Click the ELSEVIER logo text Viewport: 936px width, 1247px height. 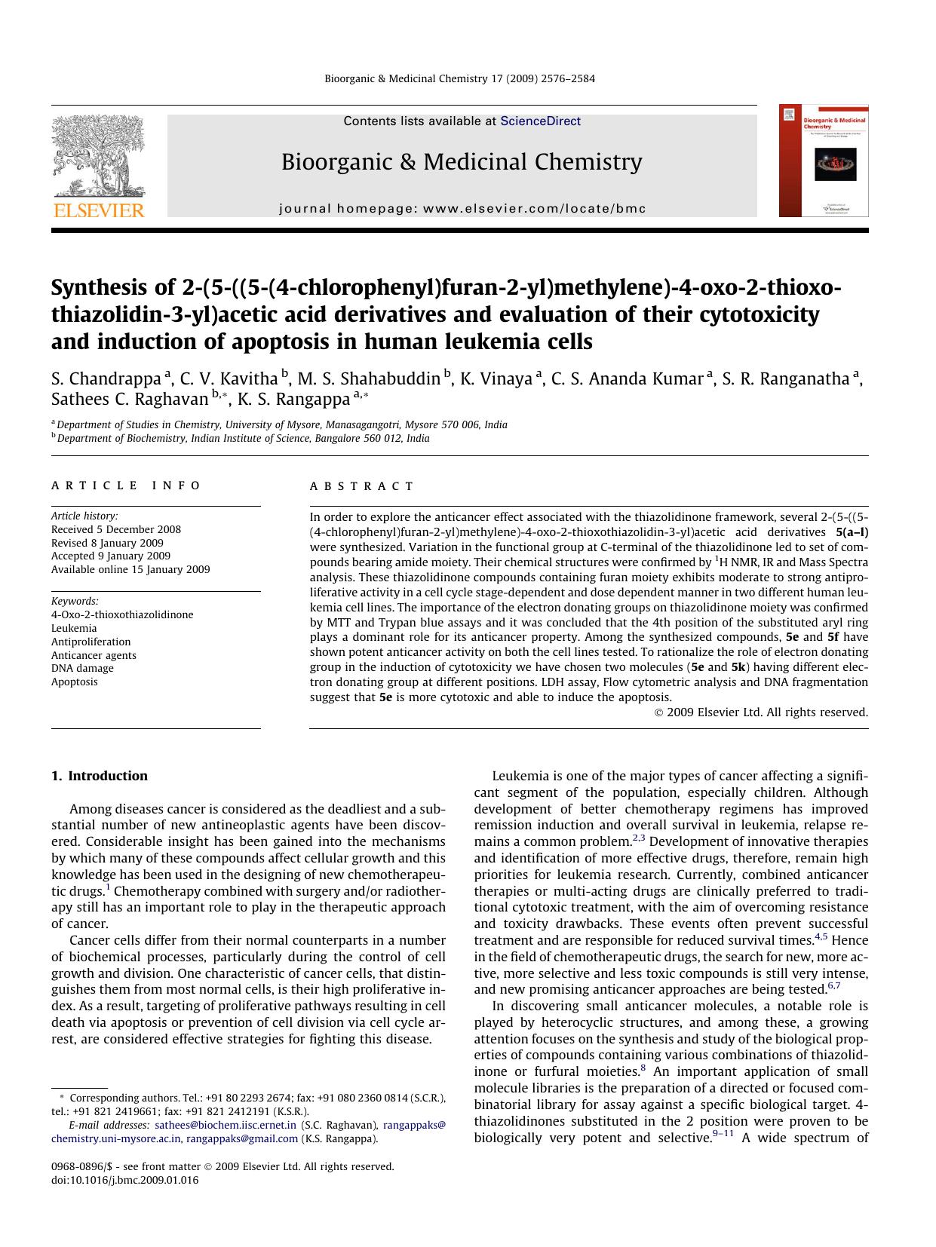point(98,210)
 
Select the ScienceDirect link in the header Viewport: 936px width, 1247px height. point(540,121)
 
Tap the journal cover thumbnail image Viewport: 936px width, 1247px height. point(824,161)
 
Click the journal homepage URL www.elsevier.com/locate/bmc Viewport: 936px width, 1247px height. point(534,208)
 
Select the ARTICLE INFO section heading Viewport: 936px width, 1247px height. point(126,486)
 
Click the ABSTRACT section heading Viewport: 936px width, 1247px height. point(362,486)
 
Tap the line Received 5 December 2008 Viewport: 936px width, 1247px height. point(116,529)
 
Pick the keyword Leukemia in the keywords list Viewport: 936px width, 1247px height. point(74,628)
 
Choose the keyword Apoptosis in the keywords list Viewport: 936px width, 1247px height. point(75,682)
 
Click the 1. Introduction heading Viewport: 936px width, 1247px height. point(100,776)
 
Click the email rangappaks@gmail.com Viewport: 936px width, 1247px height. point(242,1138)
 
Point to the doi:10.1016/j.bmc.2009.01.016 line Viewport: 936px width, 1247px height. point(125,1180)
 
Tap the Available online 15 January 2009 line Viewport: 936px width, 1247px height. point(130,569)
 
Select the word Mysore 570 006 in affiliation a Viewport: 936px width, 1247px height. point(416,424)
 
